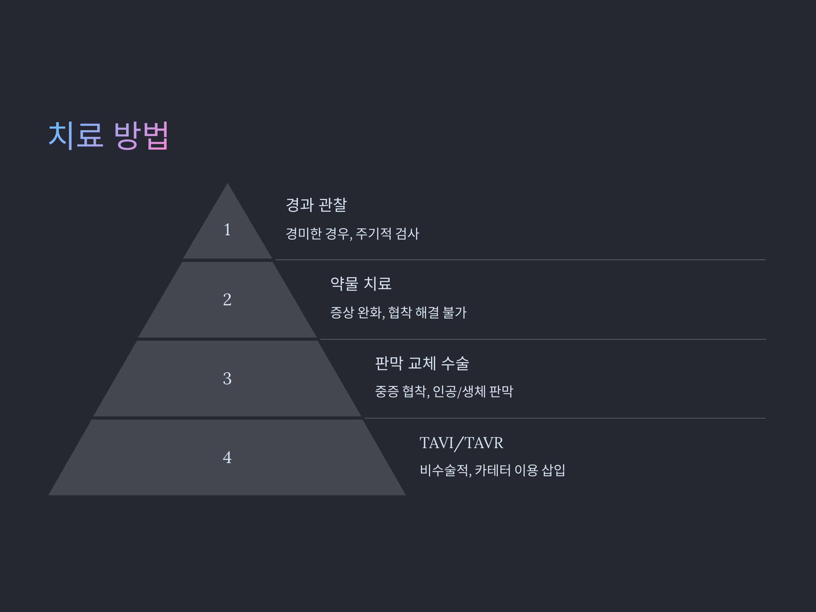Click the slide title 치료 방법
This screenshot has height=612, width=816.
(x=108, y=135)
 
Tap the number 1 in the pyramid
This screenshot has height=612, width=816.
(x=227, y=230)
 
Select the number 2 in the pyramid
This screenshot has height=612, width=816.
(x=227, y=300)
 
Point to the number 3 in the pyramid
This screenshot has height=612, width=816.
(x=227, y=378)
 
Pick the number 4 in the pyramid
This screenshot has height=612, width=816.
(x=227, y=457)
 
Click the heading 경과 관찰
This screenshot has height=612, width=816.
(x=316, y=205)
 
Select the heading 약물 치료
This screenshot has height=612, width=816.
(x=361, y=284)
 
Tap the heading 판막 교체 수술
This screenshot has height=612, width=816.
(x=422, y=363)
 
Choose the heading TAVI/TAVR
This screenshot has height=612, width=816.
(x=461, y=443)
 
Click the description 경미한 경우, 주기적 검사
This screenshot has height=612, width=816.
(x=352, y=234)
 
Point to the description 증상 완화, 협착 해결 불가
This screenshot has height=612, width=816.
(x=398, y=313)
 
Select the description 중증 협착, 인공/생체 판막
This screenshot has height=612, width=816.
(x=444, y=391)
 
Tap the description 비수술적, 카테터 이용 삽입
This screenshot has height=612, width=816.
(x=492, y=470)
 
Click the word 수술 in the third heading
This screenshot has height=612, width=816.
(x=455, y=363)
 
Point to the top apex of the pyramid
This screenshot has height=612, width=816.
(x=227, y=184)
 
